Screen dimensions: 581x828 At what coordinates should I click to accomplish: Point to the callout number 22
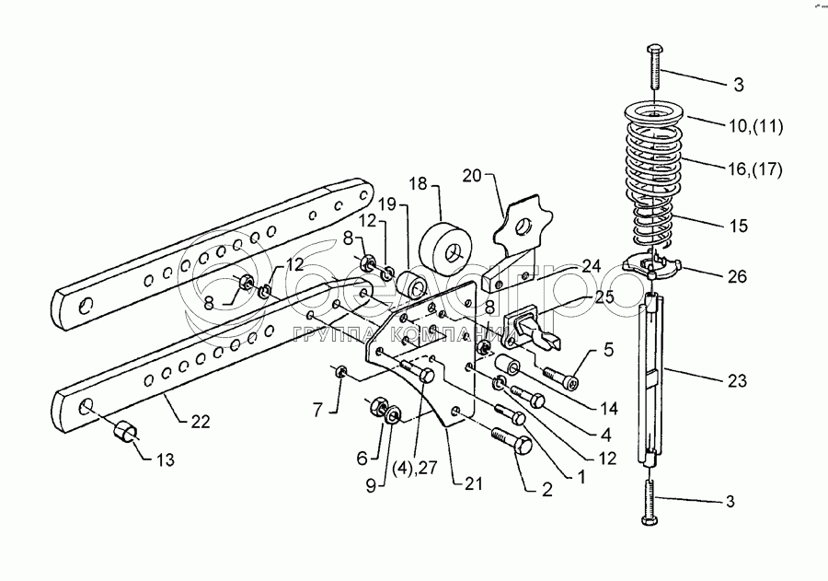pos(201,422)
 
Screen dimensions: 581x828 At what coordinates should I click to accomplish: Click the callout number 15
pos(738,225)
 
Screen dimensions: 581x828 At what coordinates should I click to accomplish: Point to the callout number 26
pos(738,275)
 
